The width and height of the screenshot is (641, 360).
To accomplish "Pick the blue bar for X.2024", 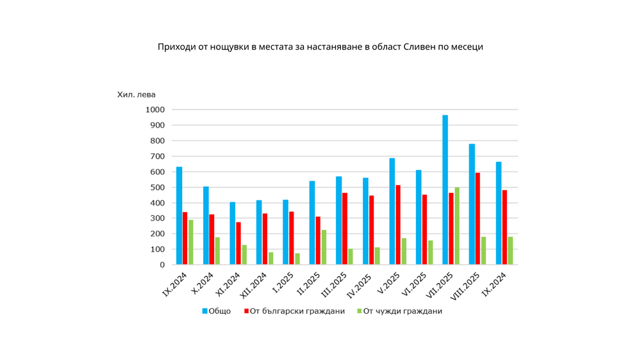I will (206, 225).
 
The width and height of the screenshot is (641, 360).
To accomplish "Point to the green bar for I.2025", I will (297, 259).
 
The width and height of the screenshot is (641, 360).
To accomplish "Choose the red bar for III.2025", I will (345, 229).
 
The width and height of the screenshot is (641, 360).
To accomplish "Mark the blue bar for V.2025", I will (392, 211).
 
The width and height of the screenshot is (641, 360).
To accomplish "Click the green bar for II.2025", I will (324, 247).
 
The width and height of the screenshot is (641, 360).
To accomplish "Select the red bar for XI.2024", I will (238, 243).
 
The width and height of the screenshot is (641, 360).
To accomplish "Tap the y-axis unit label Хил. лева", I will (137, 94).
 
